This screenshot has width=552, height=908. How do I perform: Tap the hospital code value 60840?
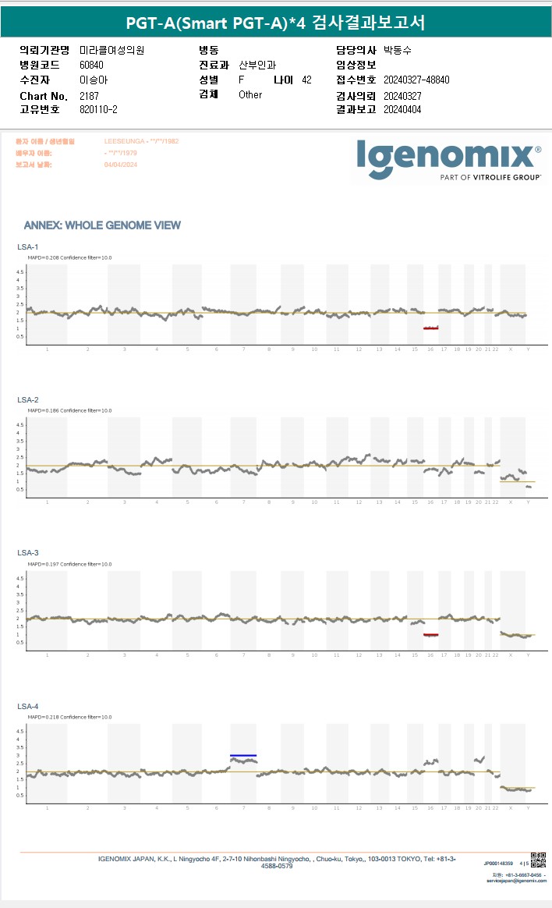[x=92, y=65]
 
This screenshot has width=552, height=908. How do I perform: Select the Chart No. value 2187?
[x=90, y=95]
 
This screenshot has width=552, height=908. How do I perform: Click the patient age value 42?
[x=306, y=80]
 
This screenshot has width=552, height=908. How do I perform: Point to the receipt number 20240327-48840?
[x=416, y=80]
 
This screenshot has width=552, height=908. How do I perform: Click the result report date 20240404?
[x=402, y=109]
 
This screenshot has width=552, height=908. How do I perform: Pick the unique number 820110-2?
[x=99, y=109]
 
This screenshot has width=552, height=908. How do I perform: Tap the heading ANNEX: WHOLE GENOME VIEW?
[x=102, y=225]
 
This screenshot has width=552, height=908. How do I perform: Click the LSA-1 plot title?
[x=27, y=247]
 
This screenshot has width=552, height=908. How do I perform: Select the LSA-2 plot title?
[x=27, y=399]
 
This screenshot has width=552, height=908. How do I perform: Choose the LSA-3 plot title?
[x=27, y=552]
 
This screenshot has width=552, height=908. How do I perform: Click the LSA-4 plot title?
[x=27, y=706]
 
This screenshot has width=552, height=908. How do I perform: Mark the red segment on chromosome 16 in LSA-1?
[x=430, y=328]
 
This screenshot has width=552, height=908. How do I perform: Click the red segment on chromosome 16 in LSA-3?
[x=430, y=635]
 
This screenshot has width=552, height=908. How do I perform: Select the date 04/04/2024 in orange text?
[x=120, y=165]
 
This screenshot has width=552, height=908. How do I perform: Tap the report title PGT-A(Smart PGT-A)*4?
[x=226, y=23]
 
